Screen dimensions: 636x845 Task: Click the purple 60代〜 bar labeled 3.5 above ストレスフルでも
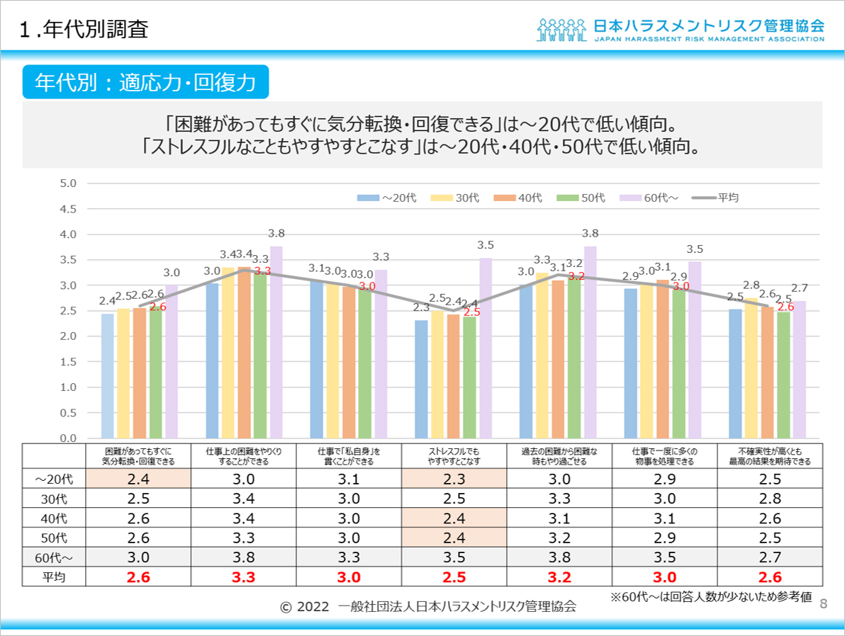coord(486,348)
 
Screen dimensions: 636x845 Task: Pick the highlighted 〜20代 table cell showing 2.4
coord(138,479)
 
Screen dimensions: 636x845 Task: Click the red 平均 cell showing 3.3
coord(242,577)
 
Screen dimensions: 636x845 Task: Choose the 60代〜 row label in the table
coord(54,557)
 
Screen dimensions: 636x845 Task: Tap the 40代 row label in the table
coord(54,518)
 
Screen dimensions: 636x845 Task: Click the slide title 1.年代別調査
coord(84,30)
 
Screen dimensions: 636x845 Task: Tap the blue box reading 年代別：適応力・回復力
coord(145,82)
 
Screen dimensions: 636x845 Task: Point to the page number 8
coord(823,603)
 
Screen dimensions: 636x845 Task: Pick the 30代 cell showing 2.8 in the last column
coord(770,499)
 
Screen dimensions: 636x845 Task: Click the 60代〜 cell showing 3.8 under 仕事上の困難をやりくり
coord(242,557)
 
